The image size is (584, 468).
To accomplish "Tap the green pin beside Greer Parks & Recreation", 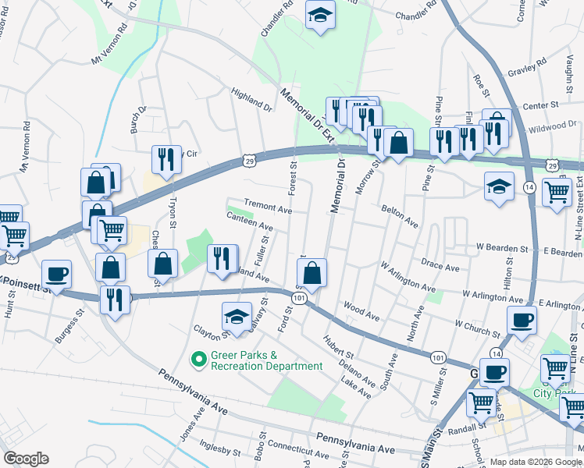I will click(199, 360).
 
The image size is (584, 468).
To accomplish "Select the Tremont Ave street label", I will click(268, 208).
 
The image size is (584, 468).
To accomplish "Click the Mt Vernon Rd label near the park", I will click(109, 48).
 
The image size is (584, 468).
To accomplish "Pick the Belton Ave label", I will click(400, 215).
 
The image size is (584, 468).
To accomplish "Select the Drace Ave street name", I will click(440, 266).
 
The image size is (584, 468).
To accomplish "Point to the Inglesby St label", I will click(220, 450).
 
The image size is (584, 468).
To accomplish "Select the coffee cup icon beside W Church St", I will click(522, 320).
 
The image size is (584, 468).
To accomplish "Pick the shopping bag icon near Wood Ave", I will click(312, 274).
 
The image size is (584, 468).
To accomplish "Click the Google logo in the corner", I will click(26, 459).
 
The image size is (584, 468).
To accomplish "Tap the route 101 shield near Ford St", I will click(300, 298).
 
